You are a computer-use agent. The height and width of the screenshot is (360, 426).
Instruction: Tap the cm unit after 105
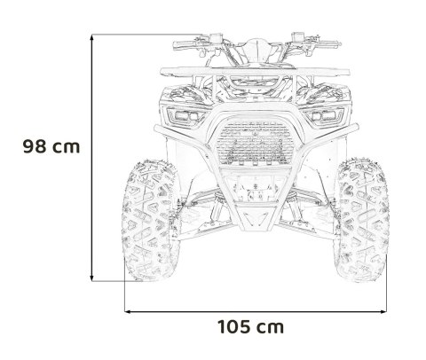click(x=272, y=328)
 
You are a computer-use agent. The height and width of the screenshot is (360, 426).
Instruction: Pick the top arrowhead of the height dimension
click(x=97, y=35)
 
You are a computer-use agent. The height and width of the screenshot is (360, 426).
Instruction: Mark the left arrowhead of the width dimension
click(x=127, y=311)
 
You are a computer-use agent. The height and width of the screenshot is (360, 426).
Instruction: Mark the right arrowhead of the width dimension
click(x=386, y=311)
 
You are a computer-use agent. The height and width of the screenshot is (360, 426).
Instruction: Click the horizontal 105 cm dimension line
click(x=257, y=311)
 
